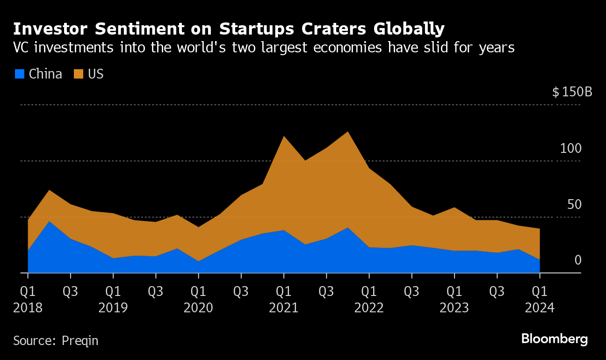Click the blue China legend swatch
pyautogui.click(x=20, y=74)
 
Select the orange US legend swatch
pyautogui.click(x=79, y=74)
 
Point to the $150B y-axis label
pyautogui.click(x=572, y=92)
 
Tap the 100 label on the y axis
pyautogui.click(x=571, y=149)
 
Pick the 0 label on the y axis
pyautogui.click(x=577, y=260)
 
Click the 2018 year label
pyautogui.click(x=28, y=308)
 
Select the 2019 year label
pyautogui.click(x=113, y=308)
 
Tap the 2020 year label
pyautogui.click(x=199, y=308)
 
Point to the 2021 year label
pyautogui.click(x=284, y=308)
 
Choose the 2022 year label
pyautogui.click(x=369, y=308)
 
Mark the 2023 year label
pyautogui.click(x=454, y=308)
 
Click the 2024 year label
pyautogui.click(x=540, y=308)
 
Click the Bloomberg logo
pyautogui.click(x=554, y=339)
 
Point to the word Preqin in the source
pyautogui.click(x=80, y=341)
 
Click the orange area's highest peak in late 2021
pyautogui.click(x=347, y=132)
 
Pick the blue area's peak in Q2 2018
pyautogui.click(x=50, y=221)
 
